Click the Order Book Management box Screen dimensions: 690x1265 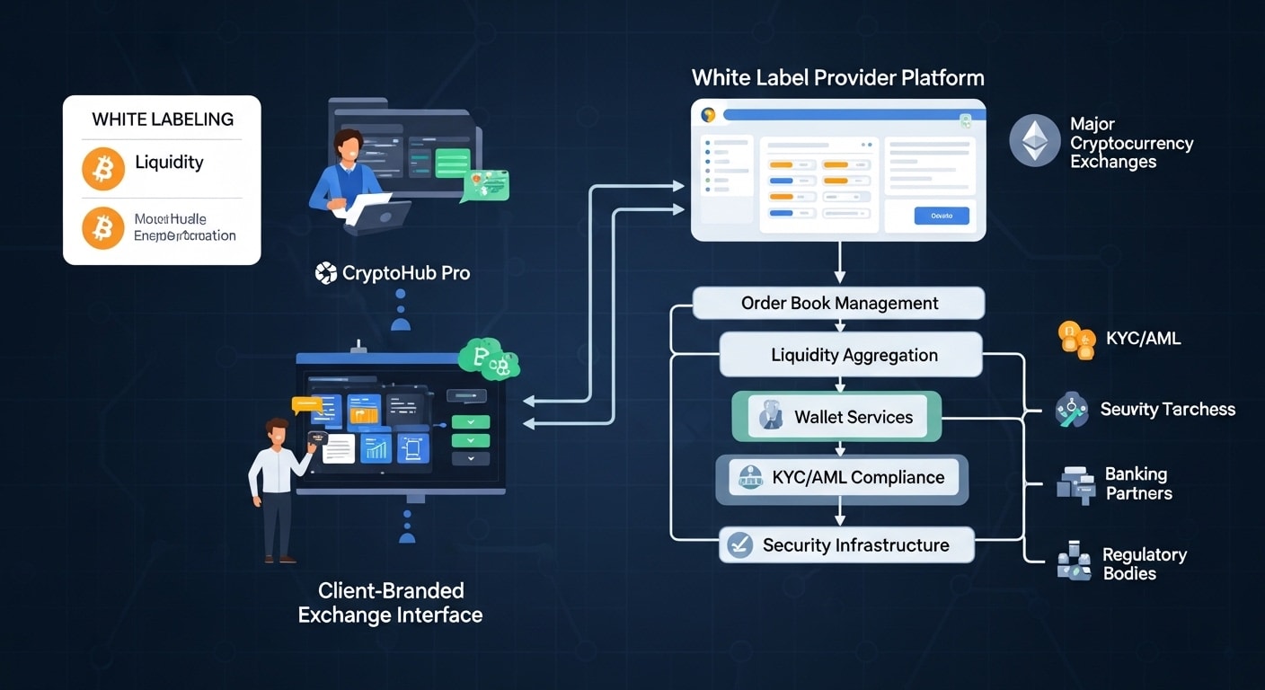click(839, 304)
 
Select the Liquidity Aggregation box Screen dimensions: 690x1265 click(850, 355)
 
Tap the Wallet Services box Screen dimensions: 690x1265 click(836, 417)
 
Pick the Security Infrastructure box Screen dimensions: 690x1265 click(846, 545)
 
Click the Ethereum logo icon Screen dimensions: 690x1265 click(1035, 140)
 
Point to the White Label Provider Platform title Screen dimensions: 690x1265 click(837, 77)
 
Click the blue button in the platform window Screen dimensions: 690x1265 click(941, 216)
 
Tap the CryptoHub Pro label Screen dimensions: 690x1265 click(393, 272)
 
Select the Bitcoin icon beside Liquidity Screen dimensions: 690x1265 click(103, 169)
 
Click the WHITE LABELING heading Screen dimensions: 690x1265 click(163, 119)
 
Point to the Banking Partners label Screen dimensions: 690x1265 click(1137, 483)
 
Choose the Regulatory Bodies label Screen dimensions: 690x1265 click(1144, 563)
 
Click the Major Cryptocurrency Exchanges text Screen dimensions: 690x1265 click(1130, 143)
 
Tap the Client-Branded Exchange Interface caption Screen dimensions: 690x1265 click(390, 603)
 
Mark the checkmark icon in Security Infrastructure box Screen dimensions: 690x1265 click(739, 544)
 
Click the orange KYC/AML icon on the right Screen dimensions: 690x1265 click(1076, 339)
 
